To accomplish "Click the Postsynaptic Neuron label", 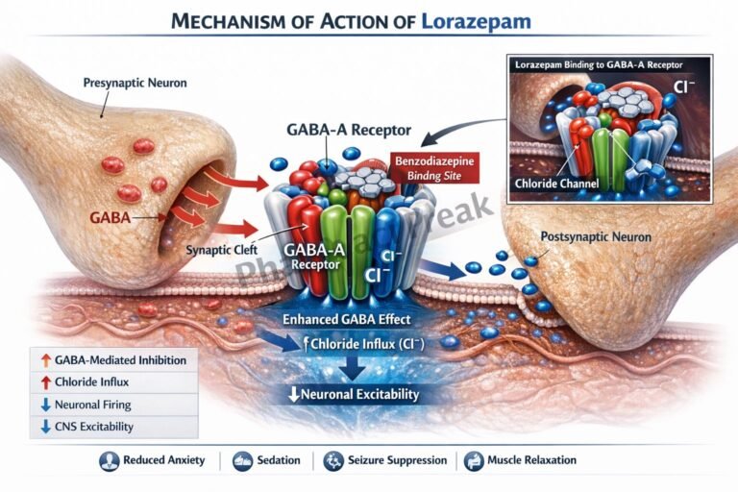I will [596, 236].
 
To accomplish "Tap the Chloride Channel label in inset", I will [556, 184].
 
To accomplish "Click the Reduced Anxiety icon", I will [110, 460].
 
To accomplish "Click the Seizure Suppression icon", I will [333, 460].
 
